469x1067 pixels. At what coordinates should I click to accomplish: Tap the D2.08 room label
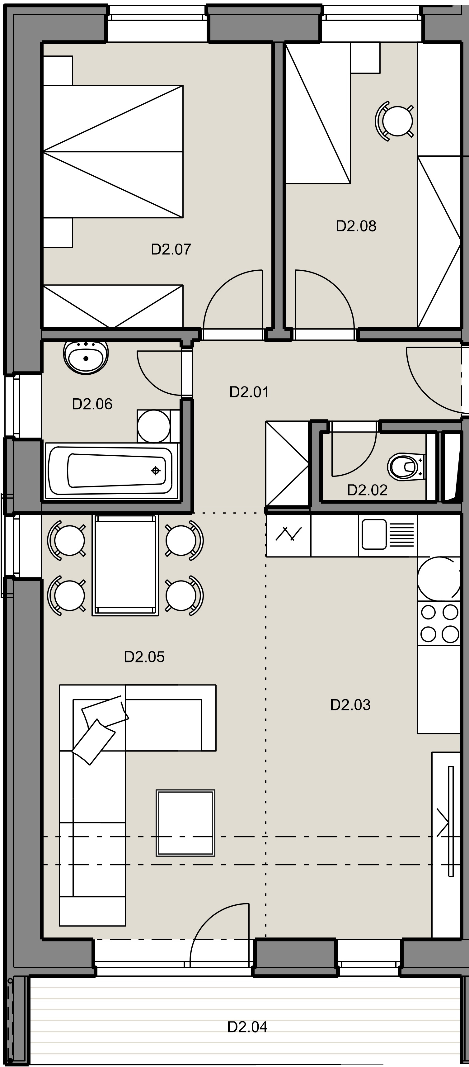pos(356,226)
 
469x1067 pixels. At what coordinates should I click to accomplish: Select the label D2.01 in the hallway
pos(249,392)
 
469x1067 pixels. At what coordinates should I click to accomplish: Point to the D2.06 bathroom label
pos(92,404)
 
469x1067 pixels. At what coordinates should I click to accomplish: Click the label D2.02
pos(367,490)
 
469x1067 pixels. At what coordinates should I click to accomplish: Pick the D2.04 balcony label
pos(247,1027)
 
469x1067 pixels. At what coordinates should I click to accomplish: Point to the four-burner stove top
pos(439,623)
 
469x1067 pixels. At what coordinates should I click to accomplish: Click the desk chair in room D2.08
pos(395,121)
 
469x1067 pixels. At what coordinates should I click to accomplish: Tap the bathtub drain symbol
pos(156,471)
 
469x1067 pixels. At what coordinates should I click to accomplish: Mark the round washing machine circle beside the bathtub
pos(153,426)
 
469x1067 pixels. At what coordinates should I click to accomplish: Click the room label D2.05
pos(144,657)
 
